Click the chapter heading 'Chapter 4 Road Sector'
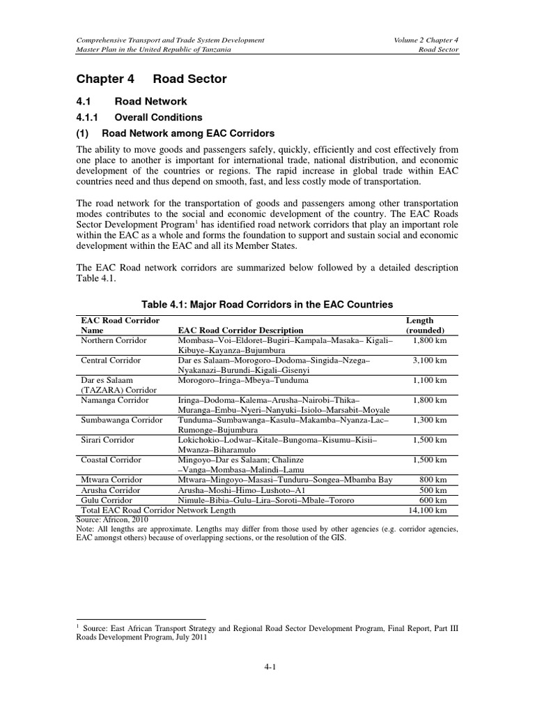tap(150, 79)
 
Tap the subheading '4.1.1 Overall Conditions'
tap(138, 117)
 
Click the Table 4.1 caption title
tap(267, 305)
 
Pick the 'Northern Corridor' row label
tap(114, 340)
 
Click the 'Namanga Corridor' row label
tap(115, 401)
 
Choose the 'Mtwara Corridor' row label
tap(111, 480)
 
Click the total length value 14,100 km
tap(426, 510)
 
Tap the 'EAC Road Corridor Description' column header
tap(241, 330)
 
